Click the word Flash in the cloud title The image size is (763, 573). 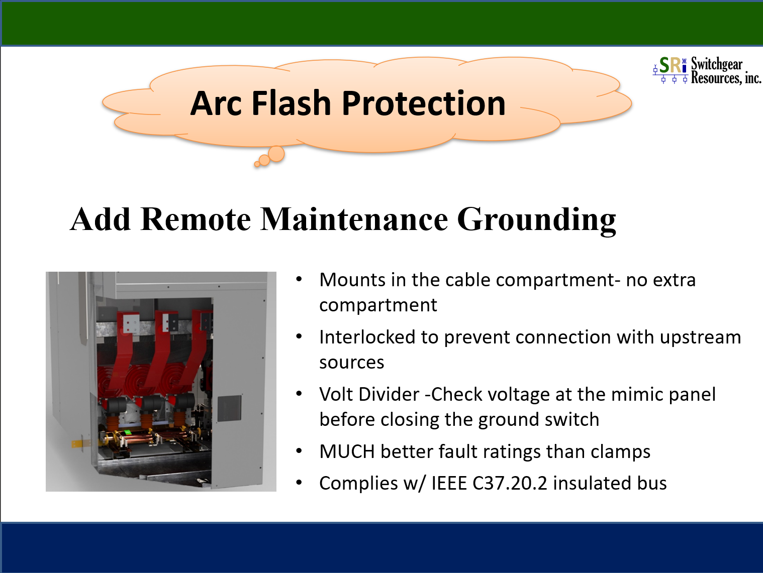tap(291, 103)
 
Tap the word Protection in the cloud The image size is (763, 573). tap(424, 103)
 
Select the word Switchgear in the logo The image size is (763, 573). tap(716, 64)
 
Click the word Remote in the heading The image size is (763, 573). tap(196, 219)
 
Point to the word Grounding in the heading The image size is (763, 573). tap(536, 221)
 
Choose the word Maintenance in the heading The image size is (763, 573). tap(354, 219)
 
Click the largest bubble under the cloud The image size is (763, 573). tap(276, 154)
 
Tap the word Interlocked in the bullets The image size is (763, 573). tap(367, 337)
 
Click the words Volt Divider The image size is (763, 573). tap(369, 395)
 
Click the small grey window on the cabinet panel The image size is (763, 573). tap(229, 408)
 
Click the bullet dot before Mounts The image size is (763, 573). tap(299, 279)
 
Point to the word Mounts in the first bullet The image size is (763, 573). tap(352, 280)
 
